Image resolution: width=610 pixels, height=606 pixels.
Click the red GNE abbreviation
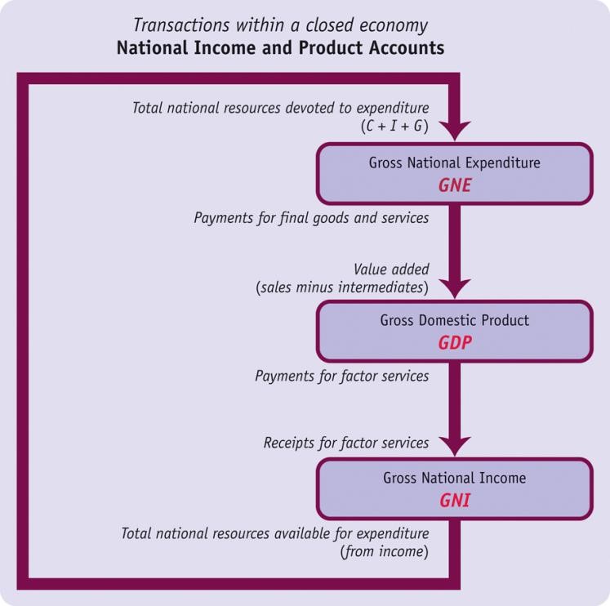click(455, 185)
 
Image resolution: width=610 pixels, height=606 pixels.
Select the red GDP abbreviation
click(455, 342)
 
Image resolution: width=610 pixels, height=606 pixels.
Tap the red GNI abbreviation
click(455, 499)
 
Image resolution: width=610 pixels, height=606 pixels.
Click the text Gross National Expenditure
click(455, 163)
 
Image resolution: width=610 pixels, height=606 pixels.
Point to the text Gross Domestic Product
click(455, 320)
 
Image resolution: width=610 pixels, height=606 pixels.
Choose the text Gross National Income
click(455, 478)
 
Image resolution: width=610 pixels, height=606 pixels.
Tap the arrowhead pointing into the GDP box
click(455, 287)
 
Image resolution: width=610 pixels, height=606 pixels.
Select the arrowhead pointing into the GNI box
click(455, 445)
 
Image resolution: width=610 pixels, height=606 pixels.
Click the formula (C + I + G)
click(394, 126)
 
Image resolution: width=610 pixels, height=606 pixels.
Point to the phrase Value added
click(391, 270)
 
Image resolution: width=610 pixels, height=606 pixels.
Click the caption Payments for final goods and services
click(311, 219)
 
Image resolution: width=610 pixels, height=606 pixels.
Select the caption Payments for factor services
click(342, 377)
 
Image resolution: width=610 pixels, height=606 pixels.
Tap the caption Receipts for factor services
click(346, 443)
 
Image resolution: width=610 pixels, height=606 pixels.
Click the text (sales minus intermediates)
click(342, 287)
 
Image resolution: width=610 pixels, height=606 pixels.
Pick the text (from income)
click(385, 551)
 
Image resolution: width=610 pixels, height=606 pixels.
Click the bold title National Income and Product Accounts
click(281, 47)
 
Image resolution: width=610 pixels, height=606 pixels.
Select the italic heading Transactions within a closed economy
click(281, 25)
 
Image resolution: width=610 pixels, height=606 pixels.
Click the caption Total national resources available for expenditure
click(275, 533)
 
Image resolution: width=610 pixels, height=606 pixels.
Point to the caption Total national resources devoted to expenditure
click(281, 108)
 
